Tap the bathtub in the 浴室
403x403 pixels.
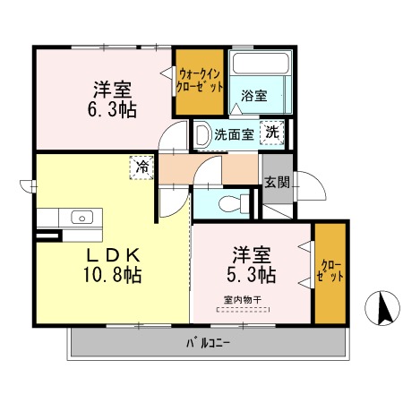point(261,64)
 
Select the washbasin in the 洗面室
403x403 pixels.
point(202,135)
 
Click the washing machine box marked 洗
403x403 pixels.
point(272,133)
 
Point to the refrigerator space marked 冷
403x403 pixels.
point(141,167)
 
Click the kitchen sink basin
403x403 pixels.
point(81,218)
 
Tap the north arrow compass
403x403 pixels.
point(382,308)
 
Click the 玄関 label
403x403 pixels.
point(278,182)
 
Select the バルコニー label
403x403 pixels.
point(208,343)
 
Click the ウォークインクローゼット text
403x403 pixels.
point(200,81)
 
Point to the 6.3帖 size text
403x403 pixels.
point(112,110)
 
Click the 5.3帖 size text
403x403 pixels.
point(252,275)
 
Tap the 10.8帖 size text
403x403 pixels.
point(113,275)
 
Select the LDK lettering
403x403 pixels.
point(113,255)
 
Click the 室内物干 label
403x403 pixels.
point(243,299)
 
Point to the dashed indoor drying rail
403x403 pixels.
point(243,310)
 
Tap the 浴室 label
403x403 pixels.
point(254,96)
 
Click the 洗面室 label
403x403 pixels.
point(234,134)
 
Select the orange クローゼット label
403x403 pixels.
point(330,270)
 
